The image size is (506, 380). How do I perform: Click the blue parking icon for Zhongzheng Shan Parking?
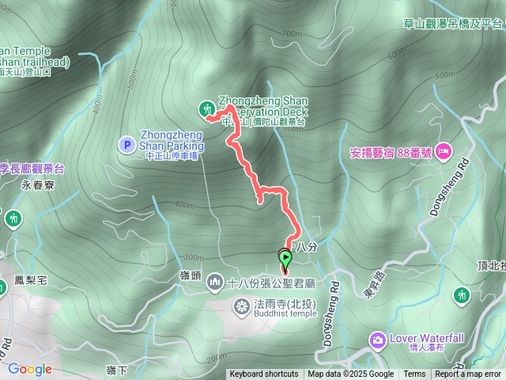pyautogui.click(x=126, y=144)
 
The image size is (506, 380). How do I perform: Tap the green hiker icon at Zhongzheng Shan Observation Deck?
pyautogui.click(x=207, y=108)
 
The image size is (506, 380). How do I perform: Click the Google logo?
pyautogui.click(x=30, y=369)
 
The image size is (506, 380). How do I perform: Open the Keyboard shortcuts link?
pyautogui.click(x=264, y=374)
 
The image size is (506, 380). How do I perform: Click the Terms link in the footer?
pyautogui.click(x=414, y=374)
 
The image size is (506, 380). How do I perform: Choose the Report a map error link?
pyautogui.click(x=468, y=374)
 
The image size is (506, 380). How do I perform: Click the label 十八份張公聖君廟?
pyautogui.click(x=272, y=283)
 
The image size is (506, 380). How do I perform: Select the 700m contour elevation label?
pyautogui.click(x=291, y=34)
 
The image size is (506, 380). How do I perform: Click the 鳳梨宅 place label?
pyautogui.click(x=32, y=280)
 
